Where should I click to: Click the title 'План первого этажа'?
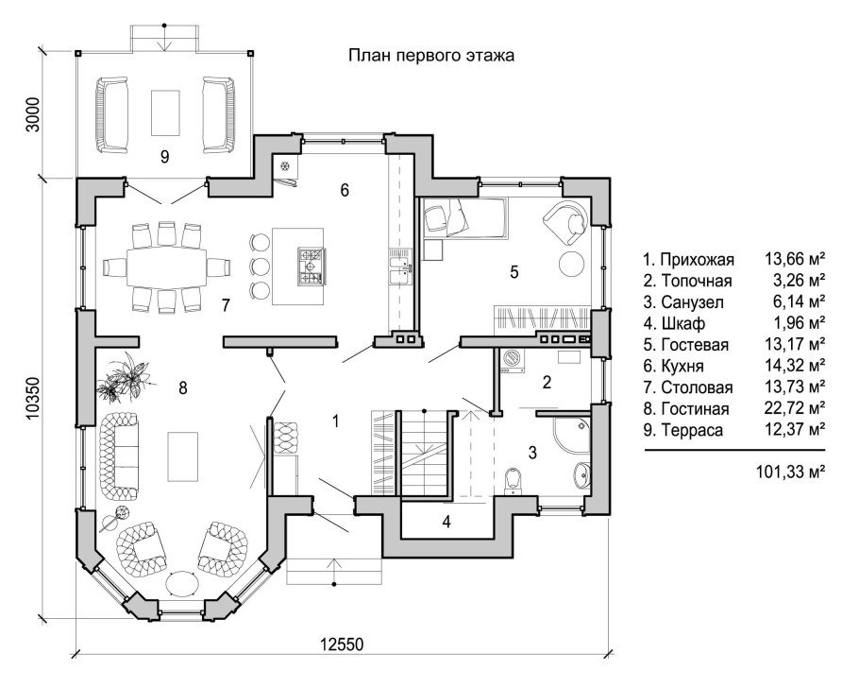click(431, 56)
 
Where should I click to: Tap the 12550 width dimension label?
click(342, 645)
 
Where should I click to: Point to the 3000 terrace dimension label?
click(33, 114)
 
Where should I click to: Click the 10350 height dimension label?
click(33, 398)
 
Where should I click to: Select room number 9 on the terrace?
click(164, 157)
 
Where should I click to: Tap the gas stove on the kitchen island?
click(311, 267)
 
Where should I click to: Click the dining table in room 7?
click(166, 267)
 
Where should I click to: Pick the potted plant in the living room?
click(124, 377)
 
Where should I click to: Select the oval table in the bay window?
click(182, 584)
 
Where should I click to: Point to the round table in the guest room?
click(572, 264)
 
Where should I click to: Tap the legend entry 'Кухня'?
click(682, 366)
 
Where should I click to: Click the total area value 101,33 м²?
click(790, 472)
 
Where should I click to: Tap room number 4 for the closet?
click(446, 522)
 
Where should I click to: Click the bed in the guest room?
click(464, 217)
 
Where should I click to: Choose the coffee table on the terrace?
click(165, 113)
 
